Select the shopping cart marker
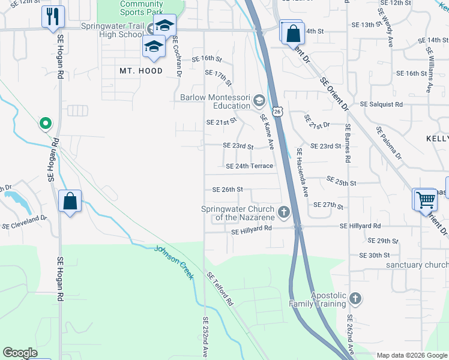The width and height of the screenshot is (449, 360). [x=426, y=199]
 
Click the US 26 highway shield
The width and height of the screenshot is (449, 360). [x=277, y=112]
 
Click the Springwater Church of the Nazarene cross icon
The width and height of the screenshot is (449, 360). [x=283, y=212]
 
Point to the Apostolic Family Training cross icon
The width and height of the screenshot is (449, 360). [x=355, y=298]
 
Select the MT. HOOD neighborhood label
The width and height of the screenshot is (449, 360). [x=141, y=71]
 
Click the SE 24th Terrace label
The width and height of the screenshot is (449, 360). [x=250, y=166]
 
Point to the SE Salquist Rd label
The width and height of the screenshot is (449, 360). [x=381, y=104]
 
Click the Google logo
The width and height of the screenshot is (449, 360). [x=20, y=353]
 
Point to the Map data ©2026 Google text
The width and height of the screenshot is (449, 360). [x=411, y=355]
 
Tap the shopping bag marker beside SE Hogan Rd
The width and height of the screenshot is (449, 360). [x=70, y=202]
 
